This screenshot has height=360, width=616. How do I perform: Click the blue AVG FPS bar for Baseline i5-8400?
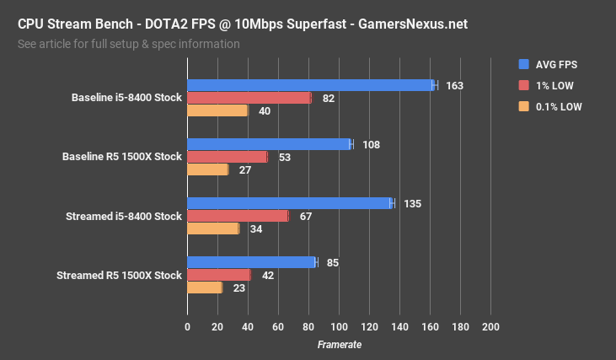tap(309, 85)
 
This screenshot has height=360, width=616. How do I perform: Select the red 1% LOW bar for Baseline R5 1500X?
tap(227, 157)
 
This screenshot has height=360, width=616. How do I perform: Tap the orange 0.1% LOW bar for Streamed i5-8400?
tap(212, 228)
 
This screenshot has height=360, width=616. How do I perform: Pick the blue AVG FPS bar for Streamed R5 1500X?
tap(251, 262)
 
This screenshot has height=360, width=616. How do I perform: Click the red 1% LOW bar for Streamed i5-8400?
tap(238, 216)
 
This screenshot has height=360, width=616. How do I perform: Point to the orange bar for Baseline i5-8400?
tap(217, 110)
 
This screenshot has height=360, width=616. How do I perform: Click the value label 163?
tap(455, 86)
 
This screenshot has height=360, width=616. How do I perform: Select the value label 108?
tap(371, 145)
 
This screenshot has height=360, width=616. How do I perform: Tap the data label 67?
tap(306, 217)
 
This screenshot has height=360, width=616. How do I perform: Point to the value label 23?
tap(239, 288)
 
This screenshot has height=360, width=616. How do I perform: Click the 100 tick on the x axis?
tap(339, 327)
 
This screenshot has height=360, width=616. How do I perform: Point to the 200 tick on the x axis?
tap(490, 327)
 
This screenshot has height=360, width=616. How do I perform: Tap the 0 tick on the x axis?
tap(187, 327)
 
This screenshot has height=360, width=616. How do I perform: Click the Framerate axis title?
tap(339, 344)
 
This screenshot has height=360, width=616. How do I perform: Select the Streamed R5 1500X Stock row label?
tap(119, 276)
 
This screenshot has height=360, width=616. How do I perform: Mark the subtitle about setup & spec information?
tap(128, 44)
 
